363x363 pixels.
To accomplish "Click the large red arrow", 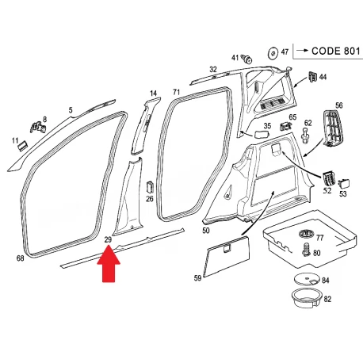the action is point(109,264).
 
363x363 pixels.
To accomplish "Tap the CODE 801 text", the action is point(336,51).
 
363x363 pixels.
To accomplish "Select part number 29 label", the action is point(108,239).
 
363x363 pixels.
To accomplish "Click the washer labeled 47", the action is point(273,53).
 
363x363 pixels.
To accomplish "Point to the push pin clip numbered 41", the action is point(247,59).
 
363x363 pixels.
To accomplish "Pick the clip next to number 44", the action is point(312,76).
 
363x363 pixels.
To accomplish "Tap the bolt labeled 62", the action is point(305,136).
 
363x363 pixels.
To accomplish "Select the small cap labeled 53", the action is point(344,183).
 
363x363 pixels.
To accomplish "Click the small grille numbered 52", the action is point(328,178).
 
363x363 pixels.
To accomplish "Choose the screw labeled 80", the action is point(307,250).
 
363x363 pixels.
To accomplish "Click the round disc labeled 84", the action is point(307,280).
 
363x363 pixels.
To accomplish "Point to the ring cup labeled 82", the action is point(307,299).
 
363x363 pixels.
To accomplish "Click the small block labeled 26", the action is point(150,188).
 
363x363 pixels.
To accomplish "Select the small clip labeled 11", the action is point(22,146).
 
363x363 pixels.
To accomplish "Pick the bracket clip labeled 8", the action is point(38,127).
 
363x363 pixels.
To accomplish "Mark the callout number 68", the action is point(21,258).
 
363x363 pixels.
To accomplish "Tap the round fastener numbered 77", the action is point(306,234).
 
